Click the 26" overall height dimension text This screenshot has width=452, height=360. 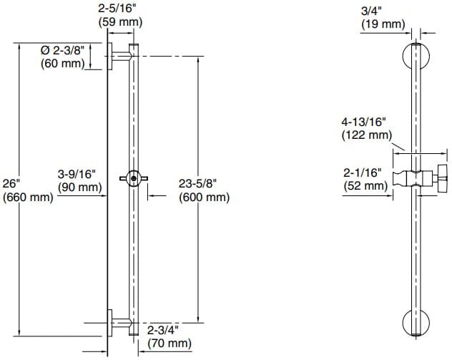[14, 184]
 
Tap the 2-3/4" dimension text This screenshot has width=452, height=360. [162, 331]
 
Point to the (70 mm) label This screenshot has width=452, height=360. [169, 344]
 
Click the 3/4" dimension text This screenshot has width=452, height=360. [373, 11]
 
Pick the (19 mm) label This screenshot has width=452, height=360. [381, 24]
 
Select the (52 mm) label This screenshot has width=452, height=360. [364, 185]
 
